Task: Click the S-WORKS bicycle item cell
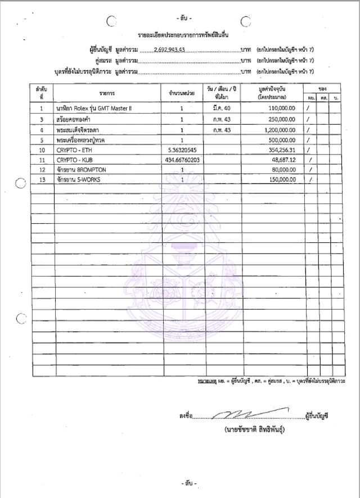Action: click(x=79, y=179)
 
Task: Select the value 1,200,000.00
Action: click(x=276, y=129)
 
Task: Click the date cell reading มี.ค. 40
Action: click(x=217, y=107)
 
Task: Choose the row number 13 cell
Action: click(x=42, y=179)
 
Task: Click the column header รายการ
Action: click(x=107, y=92)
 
